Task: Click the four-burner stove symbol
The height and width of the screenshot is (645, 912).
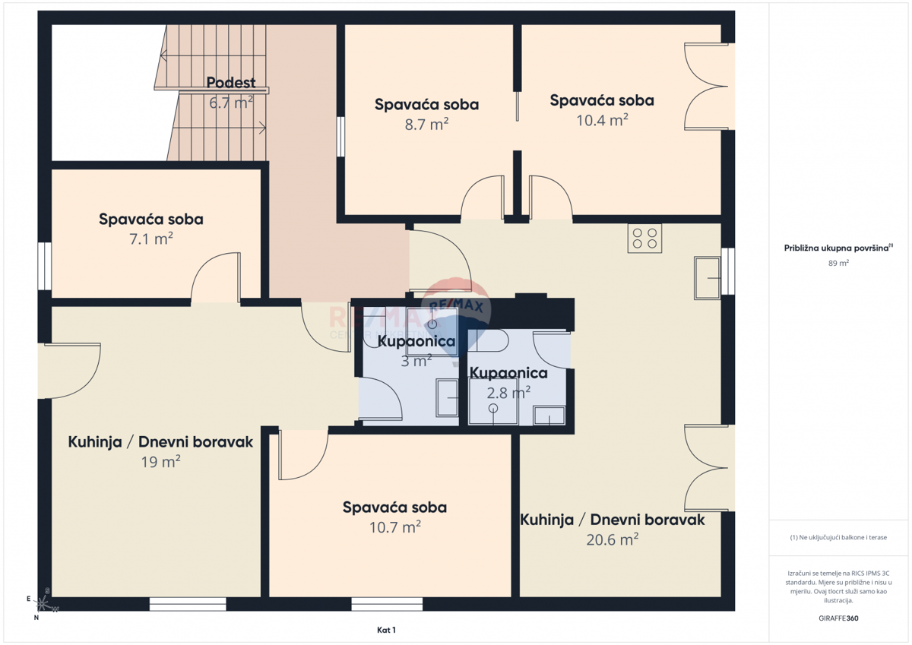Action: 644,239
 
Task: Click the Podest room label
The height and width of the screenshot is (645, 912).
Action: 231,83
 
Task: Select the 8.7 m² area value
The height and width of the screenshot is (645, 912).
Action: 426,124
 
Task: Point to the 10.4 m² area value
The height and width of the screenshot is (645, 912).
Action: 602,119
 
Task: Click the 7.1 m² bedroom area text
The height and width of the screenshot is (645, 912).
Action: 151,239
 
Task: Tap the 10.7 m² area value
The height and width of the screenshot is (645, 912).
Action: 394,526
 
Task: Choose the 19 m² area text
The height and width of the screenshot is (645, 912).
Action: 160,461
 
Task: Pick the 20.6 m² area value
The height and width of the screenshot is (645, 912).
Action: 612,539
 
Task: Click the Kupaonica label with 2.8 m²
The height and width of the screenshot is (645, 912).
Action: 508,373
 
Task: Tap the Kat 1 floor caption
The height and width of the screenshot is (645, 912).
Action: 386,630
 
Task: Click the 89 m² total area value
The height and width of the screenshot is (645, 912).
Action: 838,263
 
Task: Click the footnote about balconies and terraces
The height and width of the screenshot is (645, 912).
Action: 838,537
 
